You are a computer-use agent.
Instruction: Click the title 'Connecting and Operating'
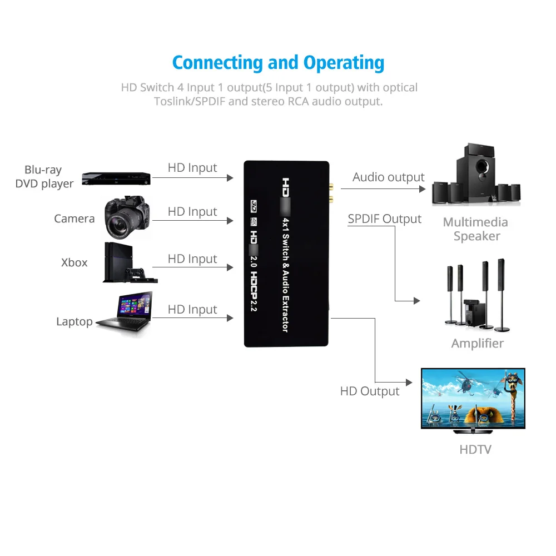pyautogui.click(x=278, y=62)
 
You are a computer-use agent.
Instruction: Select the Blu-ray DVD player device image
pyautogui.click(x=116, y=178)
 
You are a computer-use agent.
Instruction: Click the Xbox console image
pyautogui.click(x=112, y=262)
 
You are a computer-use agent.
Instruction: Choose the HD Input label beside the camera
pyautogui.click(x=192, y=212)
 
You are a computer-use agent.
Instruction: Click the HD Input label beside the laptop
pyautogui.click(x=192, y=309)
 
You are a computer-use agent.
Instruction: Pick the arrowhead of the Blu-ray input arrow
pyautogui.click(x=230, y=178)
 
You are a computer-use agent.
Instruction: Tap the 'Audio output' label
pyautogui.click(x=388, y=177)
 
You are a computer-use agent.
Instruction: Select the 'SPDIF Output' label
pyautogui.click(x=385, y=219)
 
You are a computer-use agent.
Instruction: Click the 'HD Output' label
pyautogui.click(x=370, y=391)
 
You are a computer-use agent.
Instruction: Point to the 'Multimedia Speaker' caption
pyautogui.click(x=475, y=229)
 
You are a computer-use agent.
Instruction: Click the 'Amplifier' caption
pyautogui.click(x=477, y=343)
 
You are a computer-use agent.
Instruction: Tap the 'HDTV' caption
pyautogui.click(x=475, y=449)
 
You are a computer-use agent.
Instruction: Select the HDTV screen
pyautogui.click(x=473, y=398)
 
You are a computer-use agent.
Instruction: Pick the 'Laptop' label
pyautogui.click(x=74, y=321)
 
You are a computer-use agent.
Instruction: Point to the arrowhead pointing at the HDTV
pyautogui.click(x=410, y=383)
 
